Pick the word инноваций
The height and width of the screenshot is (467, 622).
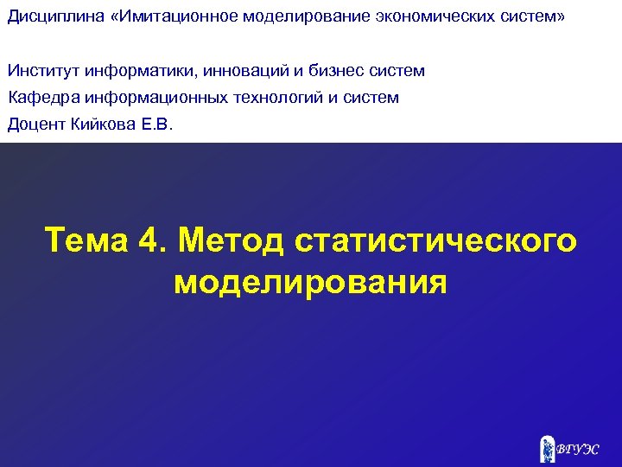point(231,71)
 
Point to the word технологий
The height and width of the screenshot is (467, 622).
point(277,98)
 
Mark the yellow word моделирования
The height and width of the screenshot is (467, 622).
point(311,282)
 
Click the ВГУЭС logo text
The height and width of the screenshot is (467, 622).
point(577,450)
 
